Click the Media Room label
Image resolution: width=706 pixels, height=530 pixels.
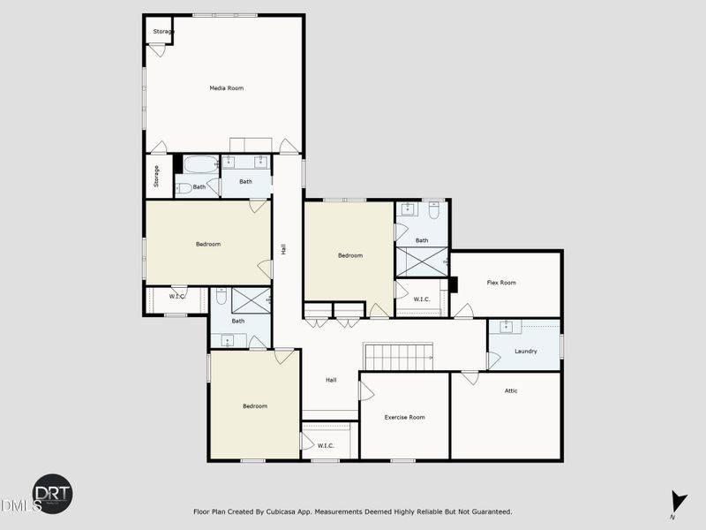[226, 88]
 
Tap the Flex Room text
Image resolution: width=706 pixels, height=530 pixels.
[501, 283]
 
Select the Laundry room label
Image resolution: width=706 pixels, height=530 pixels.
[526, 352]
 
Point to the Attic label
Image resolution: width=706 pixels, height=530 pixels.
[511, 390]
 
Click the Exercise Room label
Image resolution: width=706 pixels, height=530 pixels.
[405, 417]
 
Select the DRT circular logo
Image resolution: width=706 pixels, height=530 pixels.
[53, 494]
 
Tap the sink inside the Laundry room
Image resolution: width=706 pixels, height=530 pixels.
[507, 327]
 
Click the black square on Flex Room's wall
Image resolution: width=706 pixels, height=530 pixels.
[454, 284]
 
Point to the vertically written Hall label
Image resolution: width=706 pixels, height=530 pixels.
[283, 249]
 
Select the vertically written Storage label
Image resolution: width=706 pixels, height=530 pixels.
[156, 177]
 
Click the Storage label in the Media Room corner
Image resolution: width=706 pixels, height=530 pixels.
[163, 32]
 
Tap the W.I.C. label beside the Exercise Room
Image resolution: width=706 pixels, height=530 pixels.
[325, 445]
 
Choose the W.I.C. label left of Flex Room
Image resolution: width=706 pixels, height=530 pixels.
[422, 299]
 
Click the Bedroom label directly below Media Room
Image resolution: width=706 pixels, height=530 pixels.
[208, 244]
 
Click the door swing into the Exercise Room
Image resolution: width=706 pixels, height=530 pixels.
[365, 390]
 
